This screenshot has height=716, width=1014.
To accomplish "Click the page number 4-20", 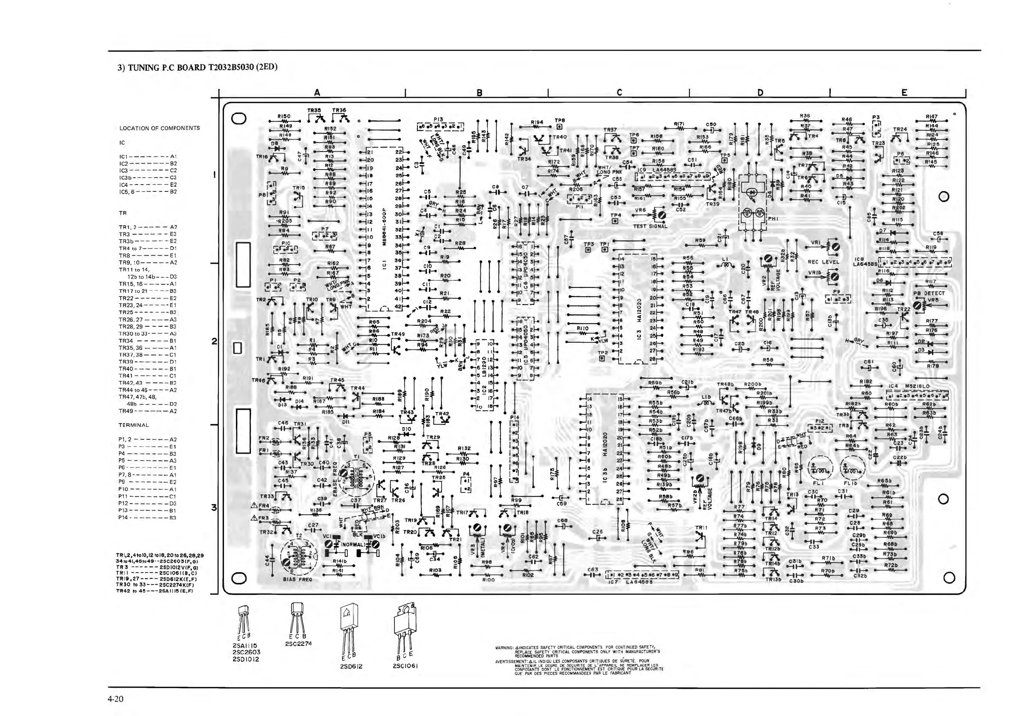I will pos(115,699).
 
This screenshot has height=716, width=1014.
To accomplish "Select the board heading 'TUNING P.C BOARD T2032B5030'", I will pos(197,67).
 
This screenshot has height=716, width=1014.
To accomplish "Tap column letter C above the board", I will pos(619,92).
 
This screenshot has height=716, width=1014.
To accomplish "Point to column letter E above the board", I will pos(904,92).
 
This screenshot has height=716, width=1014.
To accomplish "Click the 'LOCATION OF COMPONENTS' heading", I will pos(159,128).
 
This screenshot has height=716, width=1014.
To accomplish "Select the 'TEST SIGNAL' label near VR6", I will pos(650,226).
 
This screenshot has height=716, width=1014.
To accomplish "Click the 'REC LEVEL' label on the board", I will pos(823,262).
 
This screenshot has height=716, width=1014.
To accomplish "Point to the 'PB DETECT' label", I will pos(929,293).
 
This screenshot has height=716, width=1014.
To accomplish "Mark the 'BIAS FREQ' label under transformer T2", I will pos(297,579).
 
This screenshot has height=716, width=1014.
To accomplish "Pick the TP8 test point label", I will pos(560,120).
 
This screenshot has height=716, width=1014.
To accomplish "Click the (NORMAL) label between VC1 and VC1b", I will pos(352,544).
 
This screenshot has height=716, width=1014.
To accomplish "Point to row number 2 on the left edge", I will pos(214,342).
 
